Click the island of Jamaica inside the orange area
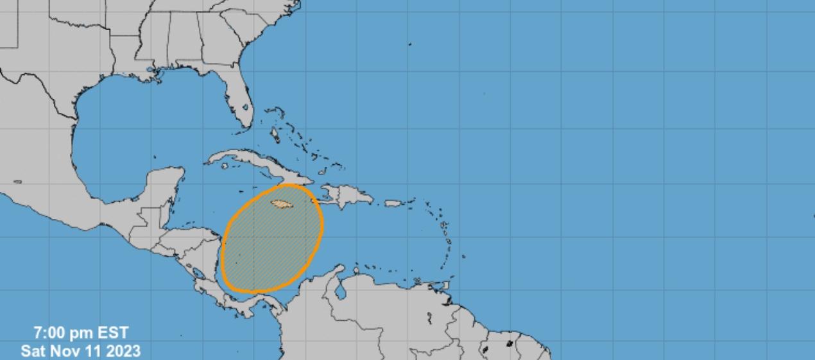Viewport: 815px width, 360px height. click(282, 204)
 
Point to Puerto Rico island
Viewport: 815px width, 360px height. click(393, 203)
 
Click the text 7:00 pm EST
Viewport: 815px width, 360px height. click(81, 333)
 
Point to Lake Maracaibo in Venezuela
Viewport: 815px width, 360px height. click(341, 291)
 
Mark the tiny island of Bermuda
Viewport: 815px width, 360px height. click(410, 44)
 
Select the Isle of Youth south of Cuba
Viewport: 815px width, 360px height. click(225, 166)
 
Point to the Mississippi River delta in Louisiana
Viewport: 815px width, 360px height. click(152, 78)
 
